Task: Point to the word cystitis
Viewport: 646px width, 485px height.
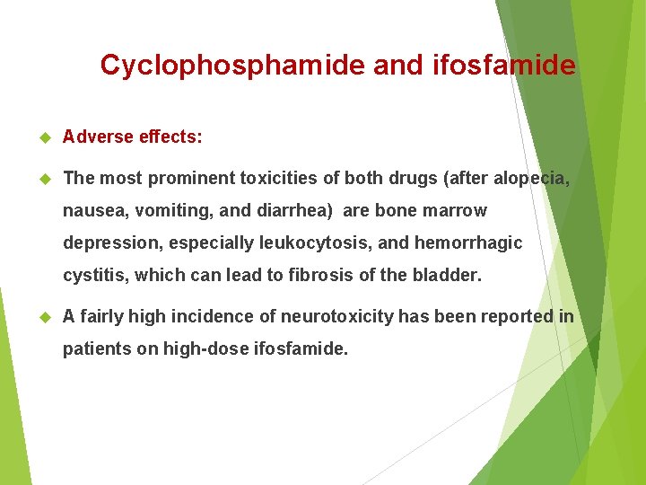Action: (x=94, y=276)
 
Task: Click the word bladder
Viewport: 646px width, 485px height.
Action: (x=445, y=276)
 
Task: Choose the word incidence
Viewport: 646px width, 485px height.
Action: (x=210, y=316)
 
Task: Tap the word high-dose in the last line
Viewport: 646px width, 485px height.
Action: (x=204, y=348)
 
